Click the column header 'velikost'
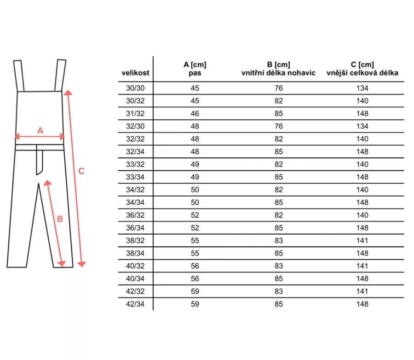[x=135, y=73]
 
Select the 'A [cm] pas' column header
[x=195, y=69]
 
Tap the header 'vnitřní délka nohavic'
[x=278, y=73]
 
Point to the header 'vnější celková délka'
[x=362, y=73]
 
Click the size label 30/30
[x=135, y=88]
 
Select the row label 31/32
[x=135, y=113]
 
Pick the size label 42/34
[x=135, y=304]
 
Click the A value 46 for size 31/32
[x=195, y=113]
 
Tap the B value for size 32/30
[x=279, y=126]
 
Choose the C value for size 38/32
[x=362, y=240]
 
